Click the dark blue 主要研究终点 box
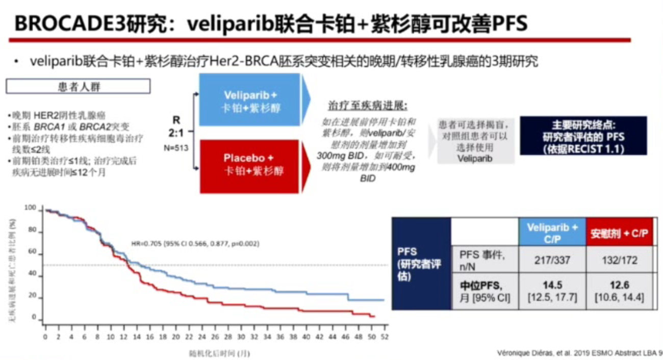pyautogui.click(x=583, y=136)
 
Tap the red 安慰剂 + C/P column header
pyautogui.click(x=619, y=233)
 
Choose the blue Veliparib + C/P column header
pyautogui.click(x=551, y=233)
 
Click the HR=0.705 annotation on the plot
pyautogui.click(x=195, y=244)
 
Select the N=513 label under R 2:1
pyautogui.click(x=176, y=148)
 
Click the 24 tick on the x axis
pyautogui.click(x=201, y=338)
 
